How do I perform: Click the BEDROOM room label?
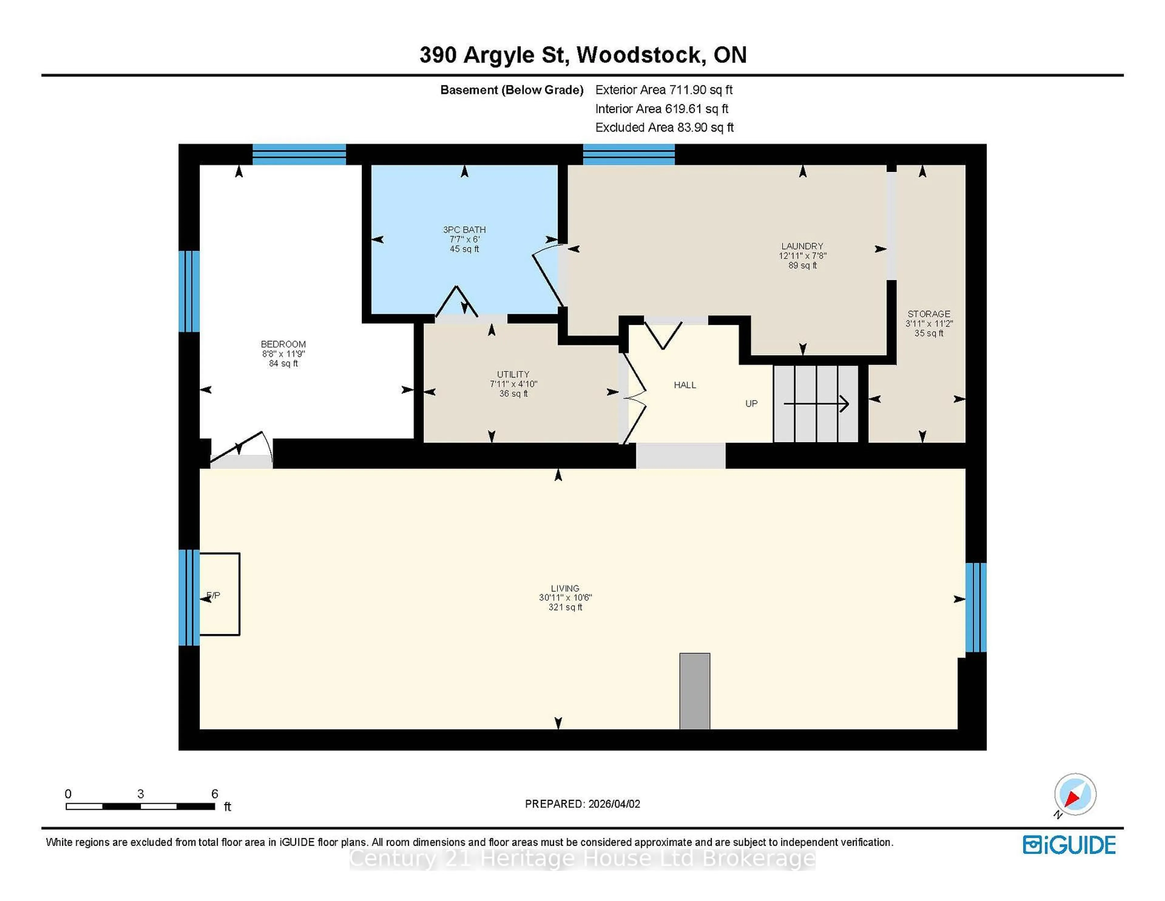click(283, 344)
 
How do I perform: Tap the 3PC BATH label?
click(464, 229)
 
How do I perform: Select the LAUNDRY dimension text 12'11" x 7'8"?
click(802, 256)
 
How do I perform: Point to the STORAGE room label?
click(929, 314)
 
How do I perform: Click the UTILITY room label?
click(513, 374)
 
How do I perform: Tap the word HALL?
click(685, 385)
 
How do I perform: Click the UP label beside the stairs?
click(751, 403)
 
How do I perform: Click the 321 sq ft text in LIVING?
click(565, 607)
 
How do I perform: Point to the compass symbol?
click(1075, 794)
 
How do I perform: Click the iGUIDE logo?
click(1069, 845)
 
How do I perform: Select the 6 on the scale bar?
click(214, 794)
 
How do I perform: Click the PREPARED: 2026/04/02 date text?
click(582, 804)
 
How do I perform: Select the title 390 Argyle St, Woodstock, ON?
click(582, 55)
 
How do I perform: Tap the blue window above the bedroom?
click(299, 154)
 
